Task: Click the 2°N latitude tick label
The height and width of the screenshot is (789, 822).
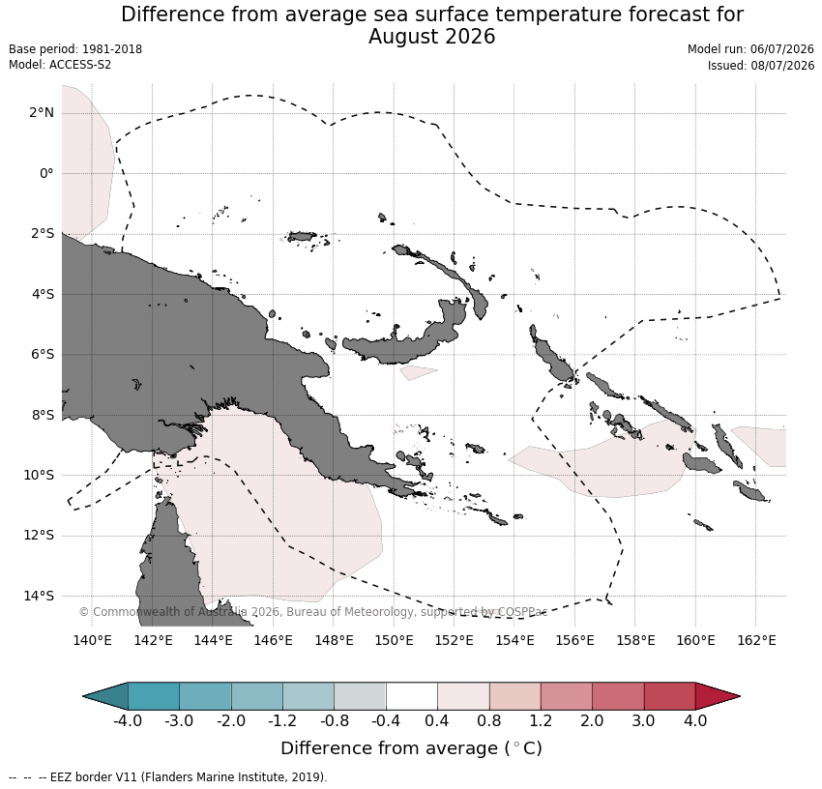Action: tap(42, 113)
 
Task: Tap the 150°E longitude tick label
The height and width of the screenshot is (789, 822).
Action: tap(394, 640)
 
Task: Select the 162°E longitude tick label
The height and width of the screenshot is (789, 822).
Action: tap(756, 640)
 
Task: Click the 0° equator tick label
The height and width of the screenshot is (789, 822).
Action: tap(46, 173)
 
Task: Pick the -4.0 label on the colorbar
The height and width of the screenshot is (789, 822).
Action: tap(128, 721)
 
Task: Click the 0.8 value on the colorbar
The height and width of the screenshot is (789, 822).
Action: tap(489, 721)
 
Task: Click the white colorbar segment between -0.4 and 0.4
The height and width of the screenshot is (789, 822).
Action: tap(412, 696)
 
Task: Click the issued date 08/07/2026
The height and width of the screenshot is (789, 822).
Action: tap(782, 66)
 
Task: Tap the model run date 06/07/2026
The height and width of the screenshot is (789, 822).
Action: tap(782, 49)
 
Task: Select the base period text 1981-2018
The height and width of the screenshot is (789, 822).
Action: tap(112, 49)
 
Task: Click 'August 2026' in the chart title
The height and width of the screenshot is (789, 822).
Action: tap(431, 37)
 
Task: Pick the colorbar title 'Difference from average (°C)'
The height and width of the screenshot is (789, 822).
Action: tap(412, 748)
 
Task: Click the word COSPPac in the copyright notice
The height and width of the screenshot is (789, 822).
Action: tap(522, 612)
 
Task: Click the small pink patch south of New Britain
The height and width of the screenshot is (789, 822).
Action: tap(418, 372)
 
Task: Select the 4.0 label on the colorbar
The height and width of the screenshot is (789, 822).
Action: tap(695, 721)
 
